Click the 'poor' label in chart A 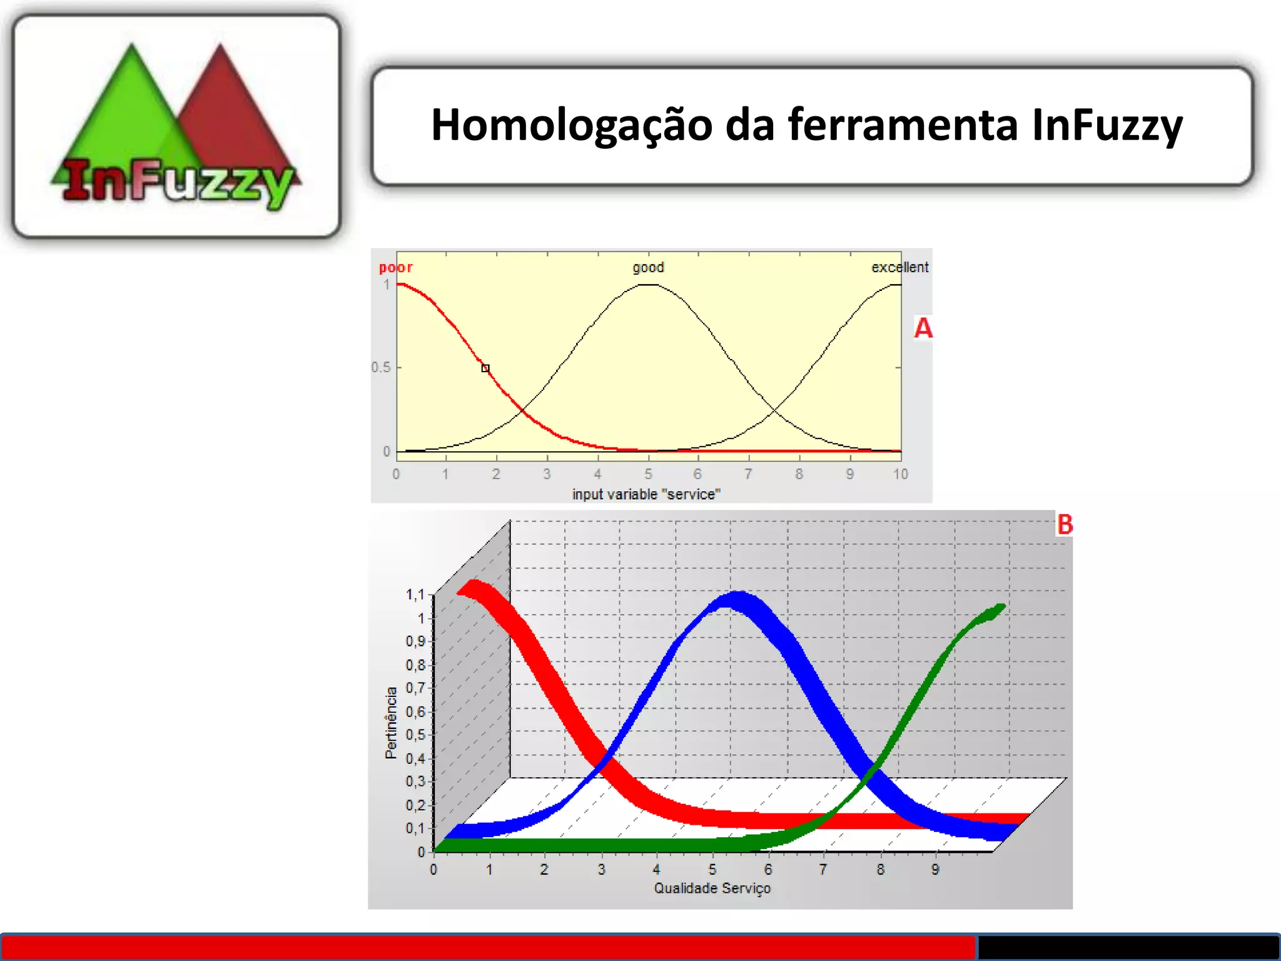click(395, 268)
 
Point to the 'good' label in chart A click(648, 268)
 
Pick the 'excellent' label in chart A click(899, 268)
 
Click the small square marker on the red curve click(485, 369)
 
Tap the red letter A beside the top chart click(923, 328)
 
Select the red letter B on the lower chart click(1065, 524)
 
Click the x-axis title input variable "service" click(646, 494)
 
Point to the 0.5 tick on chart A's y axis click(381, 367)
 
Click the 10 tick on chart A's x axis click(900, 474)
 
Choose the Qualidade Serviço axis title click(712, 888)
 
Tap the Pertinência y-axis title click(392, 723)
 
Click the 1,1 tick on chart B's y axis click(415, 594)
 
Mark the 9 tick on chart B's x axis click(935, 870)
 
